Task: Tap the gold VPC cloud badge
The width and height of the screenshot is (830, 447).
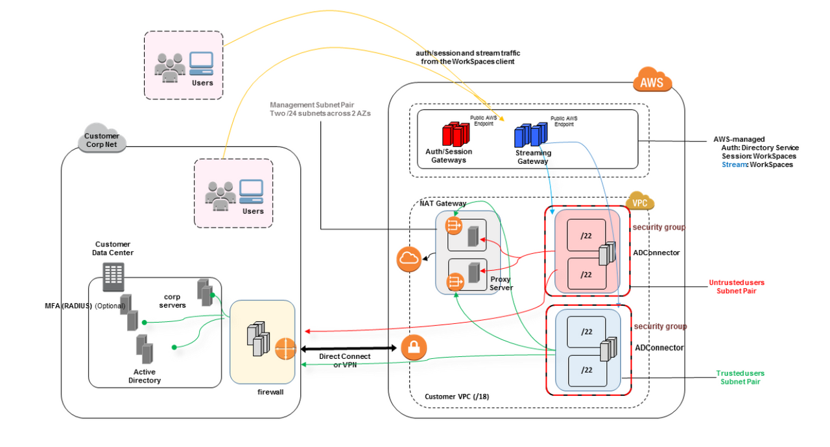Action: (x=640, y=201)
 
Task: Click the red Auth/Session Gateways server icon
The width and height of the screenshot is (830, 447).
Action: (x=455, y=134)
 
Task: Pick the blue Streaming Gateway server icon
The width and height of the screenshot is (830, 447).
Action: (x=530, y=135)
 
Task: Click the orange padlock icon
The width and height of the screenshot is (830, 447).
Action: (x=414, y=349)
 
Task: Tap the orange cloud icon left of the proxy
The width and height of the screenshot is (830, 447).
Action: (x=409, y=259)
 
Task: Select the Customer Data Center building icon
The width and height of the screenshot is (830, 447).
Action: (x=113, y=277)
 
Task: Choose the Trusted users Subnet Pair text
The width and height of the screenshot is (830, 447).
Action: (x=740, y=377)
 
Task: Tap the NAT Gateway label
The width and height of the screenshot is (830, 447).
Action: (x=443, y=203)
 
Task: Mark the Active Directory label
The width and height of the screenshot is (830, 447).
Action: (x=144, y=376)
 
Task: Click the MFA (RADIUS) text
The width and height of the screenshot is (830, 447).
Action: (x=65, y=305)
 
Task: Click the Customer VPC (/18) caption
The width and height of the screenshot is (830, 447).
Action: (x=452, y=396)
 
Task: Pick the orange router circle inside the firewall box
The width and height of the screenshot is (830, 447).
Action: (x=284, y=349)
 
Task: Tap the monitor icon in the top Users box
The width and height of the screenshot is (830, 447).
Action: (x=201, y=62)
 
